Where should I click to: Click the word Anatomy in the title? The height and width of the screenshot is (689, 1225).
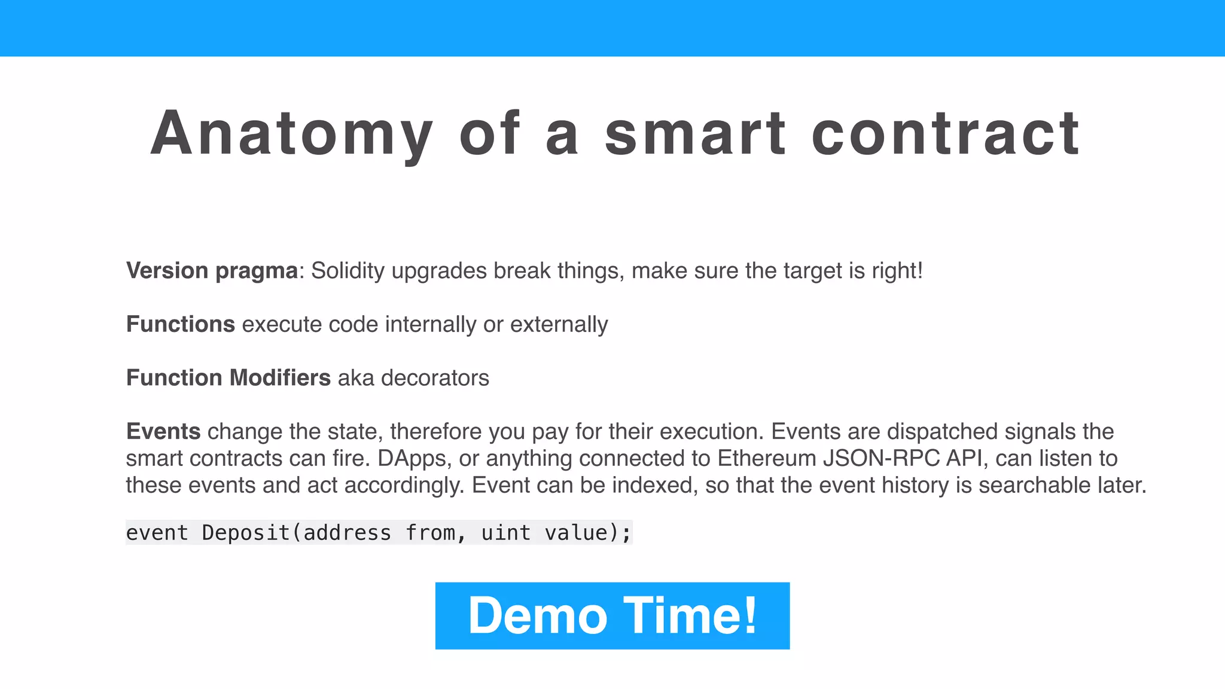[x=291, y=134]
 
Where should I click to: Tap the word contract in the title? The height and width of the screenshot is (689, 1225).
[x=945, y=134]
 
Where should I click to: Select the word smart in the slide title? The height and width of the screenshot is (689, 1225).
[x=695, y=134]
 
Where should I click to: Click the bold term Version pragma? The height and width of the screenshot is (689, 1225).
[x=212, y=271]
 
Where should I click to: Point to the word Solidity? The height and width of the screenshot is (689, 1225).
[x=348, y=271]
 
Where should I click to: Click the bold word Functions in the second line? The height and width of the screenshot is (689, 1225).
[x=180, y=324]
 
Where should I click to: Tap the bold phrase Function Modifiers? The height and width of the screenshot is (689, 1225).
[x=228, y=378]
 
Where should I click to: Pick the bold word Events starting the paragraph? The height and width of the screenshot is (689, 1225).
[x=163, y=431]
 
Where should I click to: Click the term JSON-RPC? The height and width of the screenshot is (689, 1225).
[x=881, y=458]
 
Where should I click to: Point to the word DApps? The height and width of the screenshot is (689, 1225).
[x=412, y=459]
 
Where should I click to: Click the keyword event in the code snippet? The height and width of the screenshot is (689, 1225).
[x=157, y=532]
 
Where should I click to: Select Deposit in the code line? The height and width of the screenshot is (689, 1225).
[x=246, y=532]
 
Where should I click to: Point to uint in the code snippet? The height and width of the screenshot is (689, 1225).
[x=505, y=532]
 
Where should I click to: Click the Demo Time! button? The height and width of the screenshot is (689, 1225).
[x=612, y=615]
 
